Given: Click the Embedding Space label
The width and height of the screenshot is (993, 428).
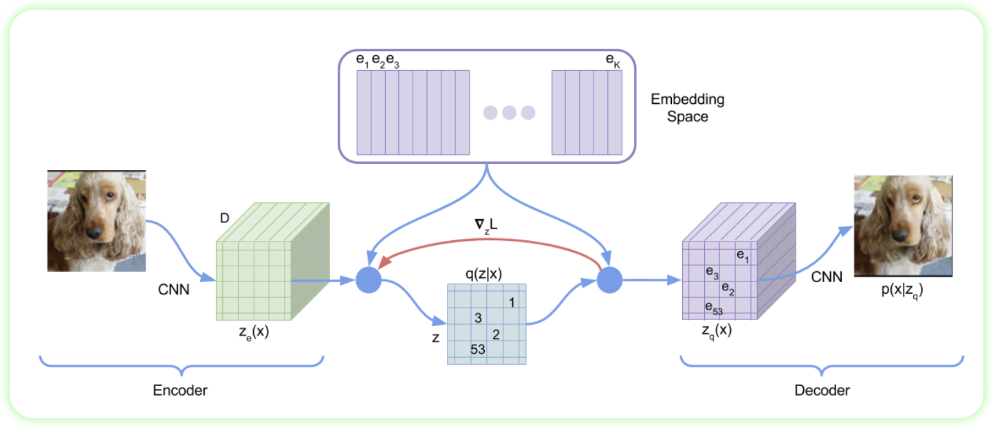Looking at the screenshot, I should (x=688, y=108).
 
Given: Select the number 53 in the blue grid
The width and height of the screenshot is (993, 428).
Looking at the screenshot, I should (x=477, y=349).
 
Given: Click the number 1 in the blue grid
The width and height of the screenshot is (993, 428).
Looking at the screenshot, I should (x=512, y=303).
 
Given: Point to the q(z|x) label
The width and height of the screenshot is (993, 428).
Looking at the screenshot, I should (x=483, y=273).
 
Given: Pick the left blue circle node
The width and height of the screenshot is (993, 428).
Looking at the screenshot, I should (x=369, y=280).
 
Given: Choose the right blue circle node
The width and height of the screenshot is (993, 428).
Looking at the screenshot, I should (x=609, y=280).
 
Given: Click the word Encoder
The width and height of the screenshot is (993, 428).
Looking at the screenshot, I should (x=180, y=390).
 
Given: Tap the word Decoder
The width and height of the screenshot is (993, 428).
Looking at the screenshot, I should (x=822, y=390).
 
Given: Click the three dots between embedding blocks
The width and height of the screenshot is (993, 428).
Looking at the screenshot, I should (x=509, y=113).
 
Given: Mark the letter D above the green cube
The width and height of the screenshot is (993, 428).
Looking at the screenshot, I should (x=224, y=218).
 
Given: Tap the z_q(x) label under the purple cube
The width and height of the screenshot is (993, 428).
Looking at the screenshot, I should (x=717, y=330).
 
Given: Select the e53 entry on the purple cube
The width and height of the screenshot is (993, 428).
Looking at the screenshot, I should (x=713, y=308).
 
